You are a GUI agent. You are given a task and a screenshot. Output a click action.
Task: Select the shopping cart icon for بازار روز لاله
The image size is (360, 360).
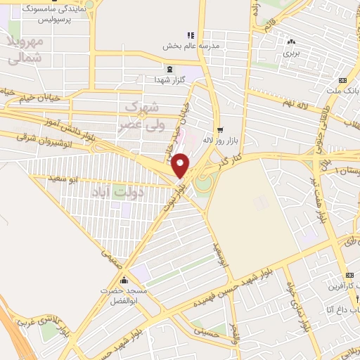click(220, 129)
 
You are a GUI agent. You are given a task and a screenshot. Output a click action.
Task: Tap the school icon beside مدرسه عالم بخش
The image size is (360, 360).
click(189, 35)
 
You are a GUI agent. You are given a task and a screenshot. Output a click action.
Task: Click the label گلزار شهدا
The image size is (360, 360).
click(170, 79)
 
